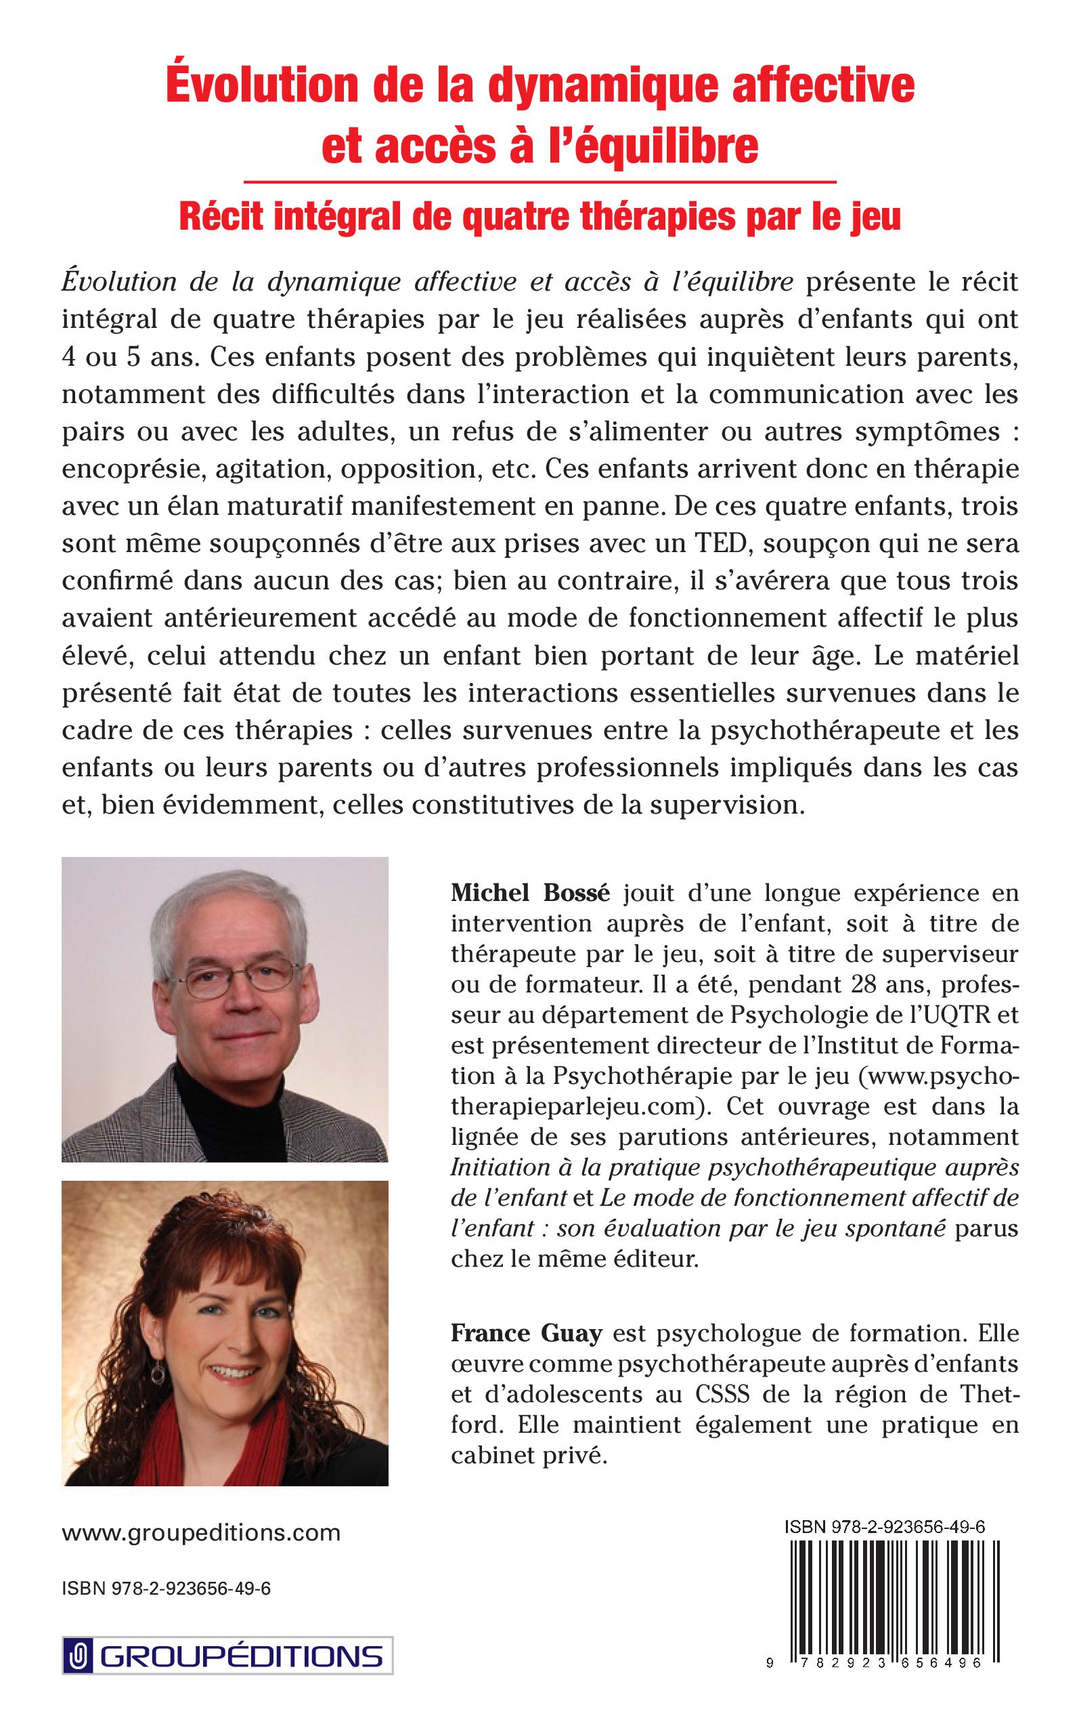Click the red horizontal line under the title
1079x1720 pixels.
(539, 182)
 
